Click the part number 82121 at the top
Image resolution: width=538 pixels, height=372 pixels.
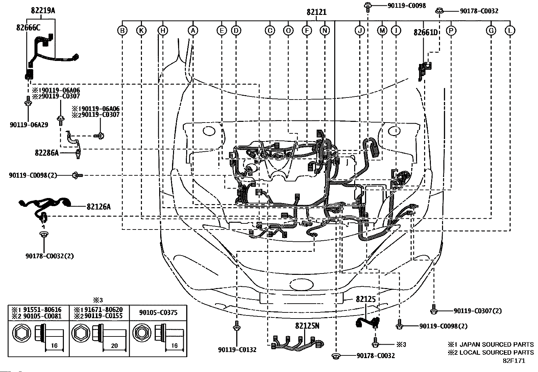tap(317, 12)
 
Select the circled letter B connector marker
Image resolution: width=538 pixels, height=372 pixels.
tap(122, 30)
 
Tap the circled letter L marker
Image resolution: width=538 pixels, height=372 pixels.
tap(510, 30)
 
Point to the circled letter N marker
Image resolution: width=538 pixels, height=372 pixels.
tap(325, 30)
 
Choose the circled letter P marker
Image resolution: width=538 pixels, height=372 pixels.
tap(451, 30)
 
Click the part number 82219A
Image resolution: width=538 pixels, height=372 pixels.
tap(43, 10)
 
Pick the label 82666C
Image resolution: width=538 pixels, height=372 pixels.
tap(28, 28)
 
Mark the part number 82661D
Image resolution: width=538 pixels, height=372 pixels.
tap(425, 32)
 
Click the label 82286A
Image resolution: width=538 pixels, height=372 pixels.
tap(47, 153)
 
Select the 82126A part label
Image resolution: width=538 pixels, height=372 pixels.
tap(99, 206)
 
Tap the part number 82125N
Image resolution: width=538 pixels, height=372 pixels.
tap(307, 326)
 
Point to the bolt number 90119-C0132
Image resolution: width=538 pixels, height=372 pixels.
tap(237, 350)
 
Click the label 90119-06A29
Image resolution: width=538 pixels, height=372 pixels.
tap(29, 125)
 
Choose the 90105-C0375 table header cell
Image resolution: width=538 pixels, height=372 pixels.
tap(158, 312)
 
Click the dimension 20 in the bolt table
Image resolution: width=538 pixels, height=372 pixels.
tap(114, 346)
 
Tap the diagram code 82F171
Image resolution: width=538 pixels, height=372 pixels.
tap(514, 361)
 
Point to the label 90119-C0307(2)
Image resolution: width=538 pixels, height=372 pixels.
tap(478, 311)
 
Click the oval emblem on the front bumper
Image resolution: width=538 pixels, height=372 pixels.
tap(301, 285)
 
